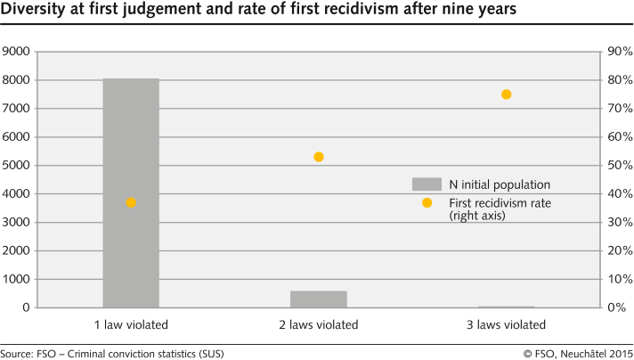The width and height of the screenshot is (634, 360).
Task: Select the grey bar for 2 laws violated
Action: pyautogui.click(x=319, y=299)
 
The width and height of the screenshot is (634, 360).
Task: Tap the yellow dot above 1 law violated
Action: pyautogui.click(x=131, y=202)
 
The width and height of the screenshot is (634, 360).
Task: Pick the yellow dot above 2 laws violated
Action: pyautogui.click(x=319, y=157)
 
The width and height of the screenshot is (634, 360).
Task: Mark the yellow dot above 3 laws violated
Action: pyautogui.click(x=506, y=94)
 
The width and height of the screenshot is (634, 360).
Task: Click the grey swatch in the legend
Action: pyautogui.click(x=427, y=184)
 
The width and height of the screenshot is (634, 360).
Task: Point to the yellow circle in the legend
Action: pyautogui.click(x=427, y=203)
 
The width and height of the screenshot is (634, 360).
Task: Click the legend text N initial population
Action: pyautogui.click(x=500, y=184)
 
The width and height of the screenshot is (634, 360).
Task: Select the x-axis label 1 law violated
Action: pyautogui.click(x=131, y=323)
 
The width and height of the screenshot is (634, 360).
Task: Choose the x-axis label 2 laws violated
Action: pyautogui.click(x=319, y=323)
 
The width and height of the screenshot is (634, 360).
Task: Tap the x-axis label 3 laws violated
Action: pyautogui.click(x=506, y=323)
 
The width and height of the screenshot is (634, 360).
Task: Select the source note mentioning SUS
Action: pyautogui.click(x=112, y=353)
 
